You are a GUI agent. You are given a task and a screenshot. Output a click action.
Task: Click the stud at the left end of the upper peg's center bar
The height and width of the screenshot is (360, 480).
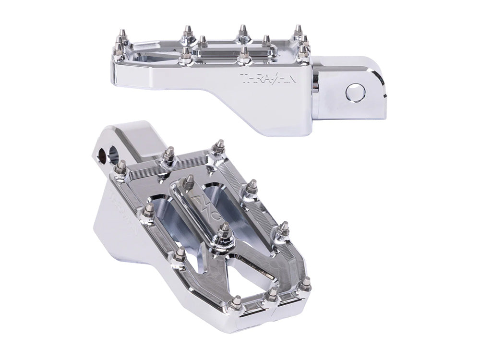[203, 41]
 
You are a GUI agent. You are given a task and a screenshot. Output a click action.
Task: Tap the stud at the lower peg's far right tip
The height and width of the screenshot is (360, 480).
[306, 288]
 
